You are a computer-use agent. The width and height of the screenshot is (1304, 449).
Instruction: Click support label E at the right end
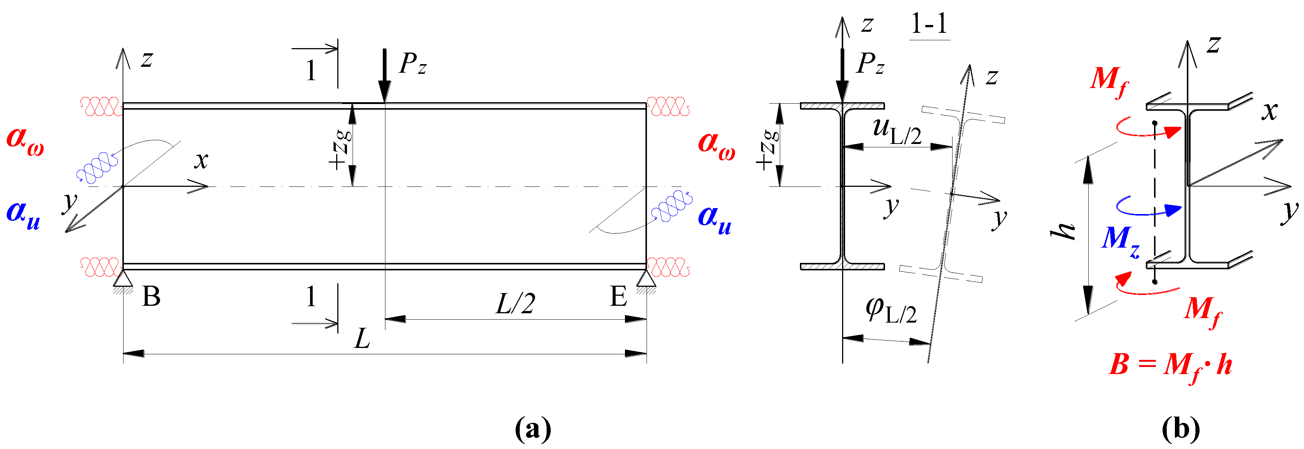coord(619,296)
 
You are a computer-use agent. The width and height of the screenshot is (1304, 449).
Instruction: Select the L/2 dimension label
coord(515,304)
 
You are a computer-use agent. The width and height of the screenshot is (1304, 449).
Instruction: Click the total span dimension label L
coord(362,339)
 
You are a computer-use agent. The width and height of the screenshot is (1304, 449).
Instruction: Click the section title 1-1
coord(929,24)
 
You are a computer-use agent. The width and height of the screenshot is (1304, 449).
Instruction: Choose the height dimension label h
coord(1062,230)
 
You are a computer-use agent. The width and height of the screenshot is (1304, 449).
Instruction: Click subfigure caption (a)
coord(532,429)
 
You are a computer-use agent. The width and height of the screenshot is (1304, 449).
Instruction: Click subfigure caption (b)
coord(1181,429)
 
